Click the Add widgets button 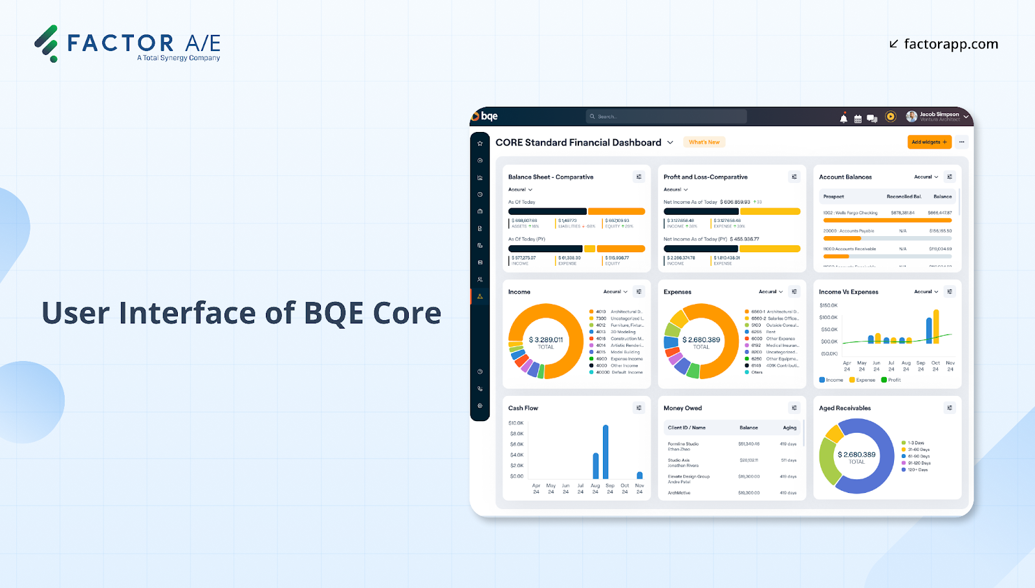[x=929, y=142]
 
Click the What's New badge [x=704, y=142]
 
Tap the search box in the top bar [x=666, y=116]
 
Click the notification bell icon [x=844, y=118]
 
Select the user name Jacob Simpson [x=939, y=114]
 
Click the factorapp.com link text [x=950, y=44]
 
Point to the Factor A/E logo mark [x=47, y=43]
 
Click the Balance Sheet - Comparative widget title [x=550, y=177]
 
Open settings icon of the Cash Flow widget [x=639, y=408]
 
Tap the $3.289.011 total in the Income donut [x=546, y=340]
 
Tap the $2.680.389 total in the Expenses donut [x=701, y=340]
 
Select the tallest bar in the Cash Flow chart [x=605, y=452]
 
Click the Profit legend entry [x=894, y=380]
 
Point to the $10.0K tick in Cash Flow [x=516, y=423]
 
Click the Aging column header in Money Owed [x=789, y=428]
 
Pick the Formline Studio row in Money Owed [x=683, y=444]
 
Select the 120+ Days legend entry [x=917, y=470]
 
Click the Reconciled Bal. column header [x=904, y=197]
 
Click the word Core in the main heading [x=407, y=313]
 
